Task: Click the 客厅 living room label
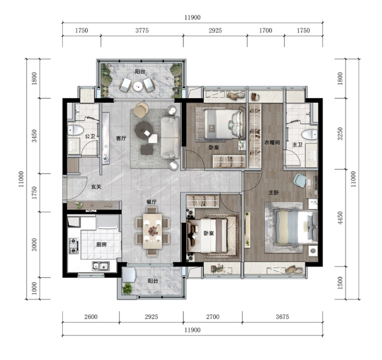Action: (121, 138)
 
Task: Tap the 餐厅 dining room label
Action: (151, 202)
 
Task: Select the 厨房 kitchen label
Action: (101, 244)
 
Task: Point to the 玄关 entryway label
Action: (96, 187)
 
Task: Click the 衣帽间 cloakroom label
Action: (272, 142)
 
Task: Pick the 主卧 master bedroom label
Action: (274, 193)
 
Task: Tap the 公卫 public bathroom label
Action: (90, 136)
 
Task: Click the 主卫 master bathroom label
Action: (297, 145)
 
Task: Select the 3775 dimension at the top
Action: (142, 31)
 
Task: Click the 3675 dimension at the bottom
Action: (282, 317)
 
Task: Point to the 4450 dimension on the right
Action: (340, 218)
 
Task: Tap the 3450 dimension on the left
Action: (34, 136)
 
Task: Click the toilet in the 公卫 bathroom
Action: (75, 130)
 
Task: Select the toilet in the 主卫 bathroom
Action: (310, 134)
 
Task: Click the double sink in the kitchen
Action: (100, 266)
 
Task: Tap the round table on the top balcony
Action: (138, 86)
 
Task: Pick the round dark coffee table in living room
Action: (144, 130)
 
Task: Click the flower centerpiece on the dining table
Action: (153, 231)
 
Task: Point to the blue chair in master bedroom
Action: (300, 180)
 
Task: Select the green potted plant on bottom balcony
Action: (128, 289)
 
